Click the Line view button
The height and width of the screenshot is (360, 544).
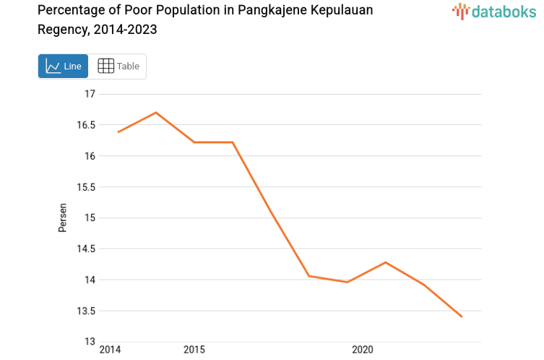(x=63, y=67)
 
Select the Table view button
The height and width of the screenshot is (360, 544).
(x=118, y=67)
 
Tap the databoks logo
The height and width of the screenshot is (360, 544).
(x=494, y=11)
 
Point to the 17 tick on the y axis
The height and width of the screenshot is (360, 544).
(x=90, y=94)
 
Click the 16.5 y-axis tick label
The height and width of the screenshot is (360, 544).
(x=85, y=125)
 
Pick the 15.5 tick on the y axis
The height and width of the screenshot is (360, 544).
(x=85, y=187)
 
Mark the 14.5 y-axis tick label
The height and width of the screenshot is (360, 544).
(x=85, y=249)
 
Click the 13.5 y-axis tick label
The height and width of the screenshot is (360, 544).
(x=85, y=311)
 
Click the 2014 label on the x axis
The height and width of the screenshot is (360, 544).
(x=111, y=350)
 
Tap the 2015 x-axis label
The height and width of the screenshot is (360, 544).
(x=194, y=350)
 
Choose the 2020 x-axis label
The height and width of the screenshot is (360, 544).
(x=363, y=350)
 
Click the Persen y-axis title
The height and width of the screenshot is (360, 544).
(x=63, y=218)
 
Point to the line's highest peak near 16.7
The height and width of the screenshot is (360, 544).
(x=156, y=112)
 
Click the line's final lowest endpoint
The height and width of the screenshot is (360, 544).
(x=462, y=317)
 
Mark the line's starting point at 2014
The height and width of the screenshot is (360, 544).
(x=118, y=132)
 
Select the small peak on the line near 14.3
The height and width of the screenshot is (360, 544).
(x=386, y=262)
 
